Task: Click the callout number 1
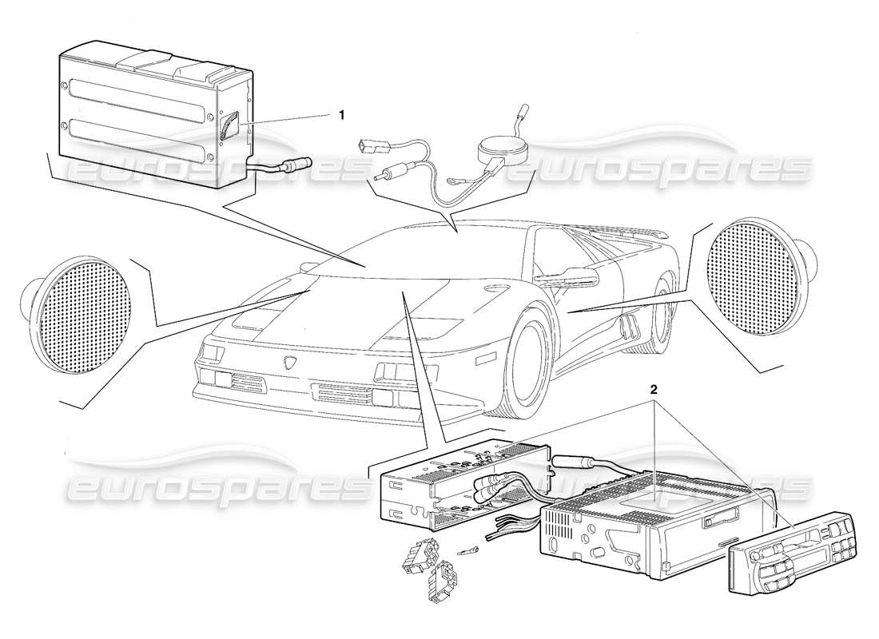[341, 115]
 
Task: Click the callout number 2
[654, 391]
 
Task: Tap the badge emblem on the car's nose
[289, 363]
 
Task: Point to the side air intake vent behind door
[628, 325]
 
